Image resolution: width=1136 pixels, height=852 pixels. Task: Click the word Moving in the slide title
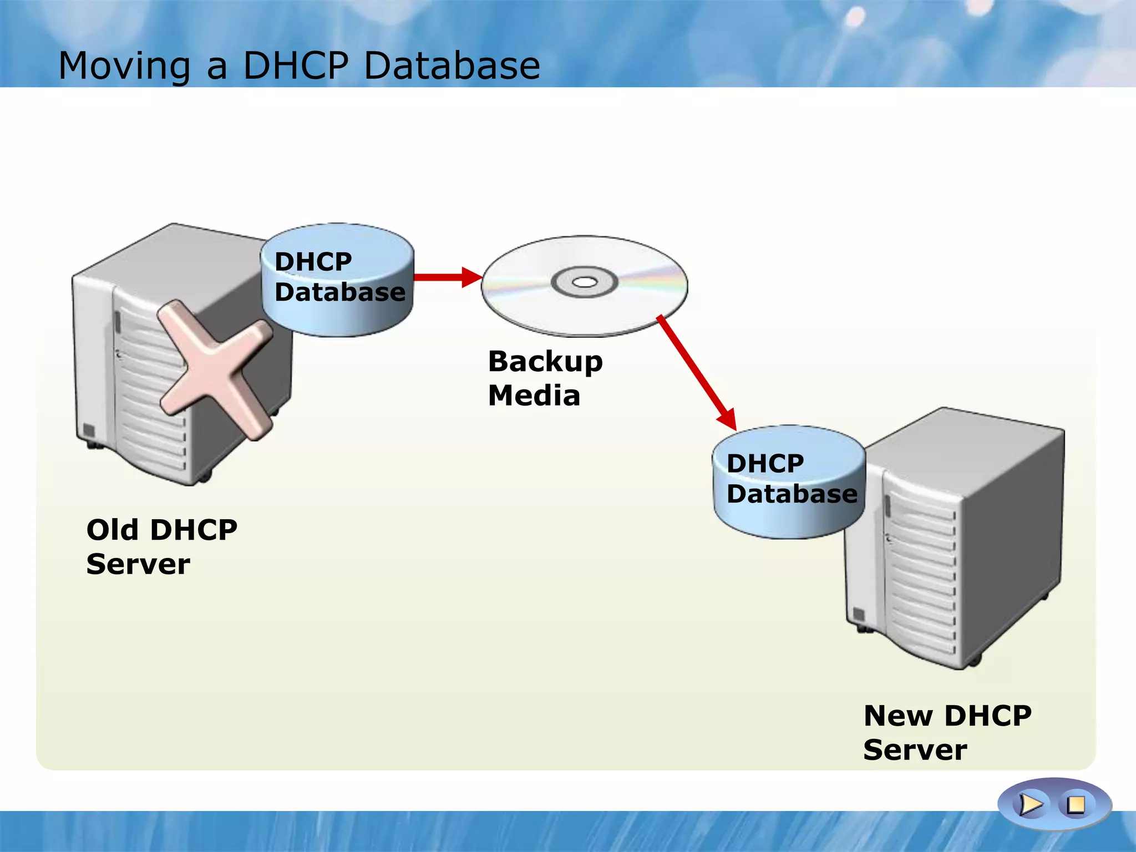coord(124,66)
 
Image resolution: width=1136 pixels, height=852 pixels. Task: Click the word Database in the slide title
coord(452,66)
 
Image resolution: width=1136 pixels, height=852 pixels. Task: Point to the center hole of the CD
coord(584,282)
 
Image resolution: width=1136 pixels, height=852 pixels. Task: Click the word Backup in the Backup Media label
coord(545,362)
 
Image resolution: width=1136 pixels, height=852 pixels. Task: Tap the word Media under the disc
coord(534,396)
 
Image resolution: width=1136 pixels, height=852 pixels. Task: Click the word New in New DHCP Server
coord(898,716)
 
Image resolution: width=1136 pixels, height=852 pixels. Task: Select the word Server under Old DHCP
coord(138,565)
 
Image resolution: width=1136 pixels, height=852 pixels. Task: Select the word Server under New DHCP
coord(915,750)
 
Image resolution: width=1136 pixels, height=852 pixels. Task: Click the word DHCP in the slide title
coord(296,66)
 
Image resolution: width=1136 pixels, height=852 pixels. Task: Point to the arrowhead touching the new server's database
coord(728,420)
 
